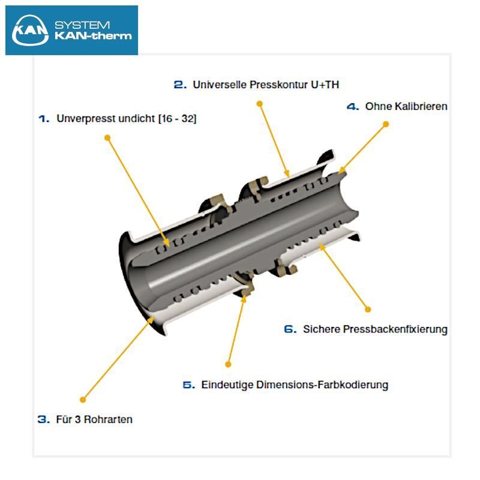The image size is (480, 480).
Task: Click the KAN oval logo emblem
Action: (x=30, y=30)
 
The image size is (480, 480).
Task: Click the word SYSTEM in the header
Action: (x=82, y=25)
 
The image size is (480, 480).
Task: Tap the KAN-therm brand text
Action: (x=93, y=36)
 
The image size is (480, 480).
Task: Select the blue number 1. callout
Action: (x=44, y=118)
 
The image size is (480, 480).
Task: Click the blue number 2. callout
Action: (x=180, y=85)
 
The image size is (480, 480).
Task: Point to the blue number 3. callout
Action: (x=43, y=419)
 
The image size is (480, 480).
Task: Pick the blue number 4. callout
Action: (x=353, y=107)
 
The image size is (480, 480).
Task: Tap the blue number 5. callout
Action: (x=188, y=385)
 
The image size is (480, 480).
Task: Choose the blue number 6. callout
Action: (x=290, y=329)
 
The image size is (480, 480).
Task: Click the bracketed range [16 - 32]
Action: (x=177, y=118)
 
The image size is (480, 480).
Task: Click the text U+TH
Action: (x=325, y=85)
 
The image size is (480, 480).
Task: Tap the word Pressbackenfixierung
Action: (x=395, y=329)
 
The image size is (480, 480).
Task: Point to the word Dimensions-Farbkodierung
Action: (x=322, y=385)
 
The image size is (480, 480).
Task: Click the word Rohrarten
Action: (x=108, y=419)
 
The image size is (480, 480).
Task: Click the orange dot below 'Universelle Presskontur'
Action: (x=260, y=104)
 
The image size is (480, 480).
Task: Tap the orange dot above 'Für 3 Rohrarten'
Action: (x=83, y=400)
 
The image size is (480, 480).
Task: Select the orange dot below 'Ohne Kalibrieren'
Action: (x=386, y=124)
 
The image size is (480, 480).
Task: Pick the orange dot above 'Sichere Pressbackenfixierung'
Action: (x=368, y=310)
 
